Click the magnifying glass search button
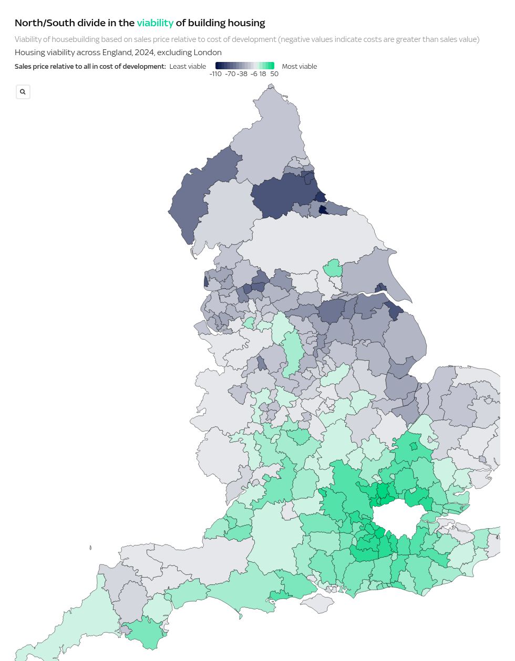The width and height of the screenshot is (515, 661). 23,92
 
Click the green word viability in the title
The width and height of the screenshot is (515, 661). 155,23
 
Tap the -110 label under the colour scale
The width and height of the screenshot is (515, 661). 215,74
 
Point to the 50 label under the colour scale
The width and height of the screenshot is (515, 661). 274,74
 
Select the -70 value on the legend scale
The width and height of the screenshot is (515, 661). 230,74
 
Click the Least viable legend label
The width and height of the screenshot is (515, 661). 188,67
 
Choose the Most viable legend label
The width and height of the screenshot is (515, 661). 299,67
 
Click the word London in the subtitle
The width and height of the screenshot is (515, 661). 208,53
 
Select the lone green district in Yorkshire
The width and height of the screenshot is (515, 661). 333,268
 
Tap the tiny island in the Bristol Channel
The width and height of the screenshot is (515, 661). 90,548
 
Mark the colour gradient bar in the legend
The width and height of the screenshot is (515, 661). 244,66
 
